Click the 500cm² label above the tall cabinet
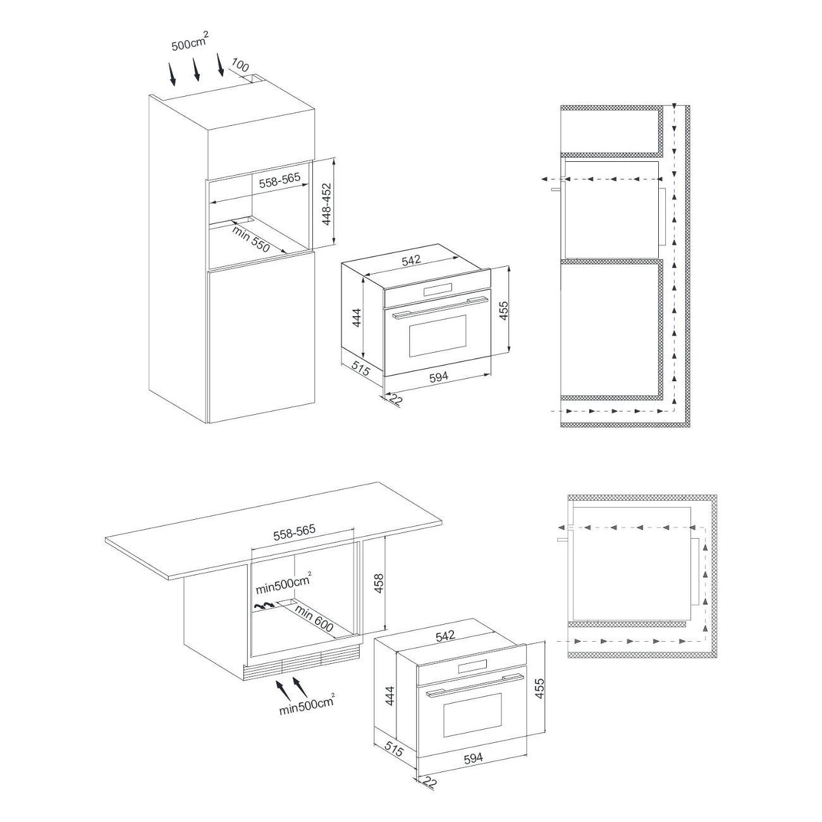[x=190, y=42]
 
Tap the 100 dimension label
[x=240, y=66]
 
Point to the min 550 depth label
[x=251, y=239]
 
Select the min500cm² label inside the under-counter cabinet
[x=283, y=586]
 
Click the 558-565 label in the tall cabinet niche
[x=280, y=180]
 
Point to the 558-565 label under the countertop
[x=294, y=533]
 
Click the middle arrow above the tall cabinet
[x=197, y=69]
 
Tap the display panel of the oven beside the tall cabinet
[x=437, y=290]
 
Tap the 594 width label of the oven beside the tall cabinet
[x=439, y=376]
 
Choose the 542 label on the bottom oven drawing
[x=445, y=647]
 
